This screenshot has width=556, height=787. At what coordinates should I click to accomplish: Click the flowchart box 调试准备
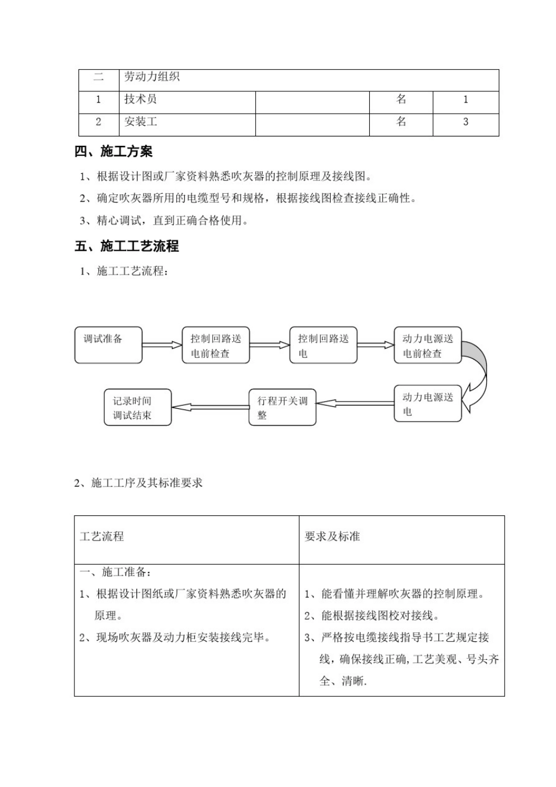tap(108, 345)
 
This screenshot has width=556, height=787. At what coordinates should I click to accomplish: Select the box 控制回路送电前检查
tap(215, 345)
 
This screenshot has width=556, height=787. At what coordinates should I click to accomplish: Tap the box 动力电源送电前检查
tap(427, 345)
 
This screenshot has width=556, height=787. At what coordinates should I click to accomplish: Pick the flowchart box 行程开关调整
tap(282, 407)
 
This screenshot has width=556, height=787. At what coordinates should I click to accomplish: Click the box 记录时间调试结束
tap(138, 407)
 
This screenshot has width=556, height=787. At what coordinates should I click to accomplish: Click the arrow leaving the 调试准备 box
tap(162, 345)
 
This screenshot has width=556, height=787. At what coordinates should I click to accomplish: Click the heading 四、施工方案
tap(114, 152)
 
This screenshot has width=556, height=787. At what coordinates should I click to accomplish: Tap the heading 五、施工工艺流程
tap(126, 247)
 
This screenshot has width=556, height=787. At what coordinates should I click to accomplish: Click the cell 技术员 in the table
tap(140, 100)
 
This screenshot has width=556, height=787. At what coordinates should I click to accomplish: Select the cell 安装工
tap(140, 122)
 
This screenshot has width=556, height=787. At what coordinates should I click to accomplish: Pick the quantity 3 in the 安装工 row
tap(465, 122)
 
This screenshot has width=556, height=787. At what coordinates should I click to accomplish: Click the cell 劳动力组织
tap(152, 77)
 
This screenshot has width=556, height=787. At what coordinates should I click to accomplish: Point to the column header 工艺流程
tap(102, 536)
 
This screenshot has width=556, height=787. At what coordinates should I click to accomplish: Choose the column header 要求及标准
tap(332, 536)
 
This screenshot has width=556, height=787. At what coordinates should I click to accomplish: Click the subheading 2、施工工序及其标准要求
tap(139, 483)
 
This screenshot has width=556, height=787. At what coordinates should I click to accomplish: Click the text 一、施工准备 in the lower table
tap(115, 572)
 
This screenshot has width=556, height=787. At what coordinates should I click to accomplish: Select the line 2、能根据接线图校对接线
tap(372, 615)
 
